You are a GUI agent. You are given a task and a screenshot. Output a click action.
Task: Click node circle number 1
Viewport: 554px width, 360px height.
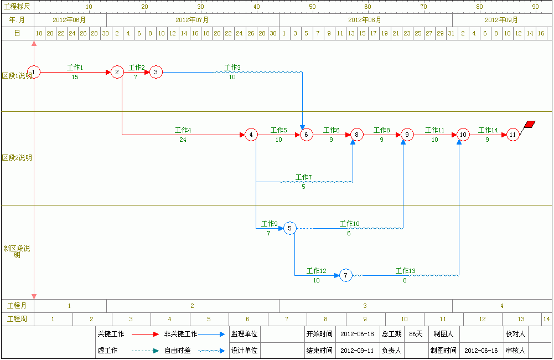point(34,72)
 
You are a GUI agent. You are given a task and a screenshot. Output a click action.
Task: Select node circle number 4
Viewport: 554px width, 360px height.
point(251,135)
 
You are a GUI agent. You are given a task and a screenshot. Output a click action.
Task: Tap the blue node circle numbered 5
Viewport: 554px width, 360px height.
point(289,228)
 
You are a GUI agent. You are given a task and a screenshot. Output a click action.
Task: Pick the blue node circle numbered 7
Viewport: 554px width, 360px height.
point(346,275)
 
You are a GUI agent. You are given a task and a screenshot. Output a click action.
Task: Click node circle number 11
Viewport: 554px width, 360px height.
point(512,135)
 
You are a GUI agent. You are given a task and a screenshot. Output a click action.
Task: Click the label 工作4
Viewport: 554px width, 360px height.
point(183,130)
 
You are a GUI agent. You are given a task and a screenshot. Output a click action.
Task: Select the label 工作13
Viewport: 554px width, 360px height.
point(405,271)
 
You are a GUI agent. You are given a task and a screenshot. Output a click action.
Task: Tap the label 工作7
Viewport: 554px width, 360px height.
point(303,177)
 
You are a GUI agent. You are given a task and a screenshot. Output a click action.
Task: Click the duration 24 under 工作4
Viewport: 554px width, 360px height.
point(183,140)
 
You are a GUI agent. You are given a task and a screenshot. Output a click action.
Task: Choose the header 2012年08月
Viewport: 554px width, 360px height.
point(365,20)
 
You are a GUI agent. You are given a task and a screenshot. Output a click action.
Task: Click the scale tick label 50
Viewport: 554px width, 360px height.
point(312,7)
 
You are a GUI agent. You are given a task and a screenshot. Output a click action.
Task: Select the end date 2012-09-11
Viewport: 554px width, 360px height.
point(357,351)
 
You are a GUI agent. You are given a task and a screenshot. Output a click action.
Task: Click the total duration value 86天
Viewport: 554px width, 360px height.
point(416,334)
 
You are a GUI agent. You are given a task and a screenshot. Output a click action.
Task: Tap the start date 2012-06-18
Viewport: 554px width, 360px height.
point(357,334)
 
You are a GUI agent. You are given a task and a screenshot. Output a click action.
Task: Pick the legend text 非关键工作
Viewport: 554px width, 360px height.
point(180,334)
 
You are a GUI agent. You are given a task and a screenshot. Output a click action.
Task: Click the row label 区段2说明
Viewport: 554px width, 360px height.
point(17,158)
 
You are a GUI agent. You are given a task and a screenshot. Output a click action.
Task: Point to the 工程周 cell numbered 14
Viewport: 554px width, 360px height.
point(547,319)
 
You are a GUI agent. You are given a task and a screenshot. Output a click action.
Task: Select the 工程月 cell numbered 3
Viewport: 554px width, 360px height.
point(365,306)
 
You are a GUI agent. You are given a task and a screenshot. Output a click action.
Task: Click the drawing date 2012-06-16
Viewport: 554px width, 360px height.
point(481,351)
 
